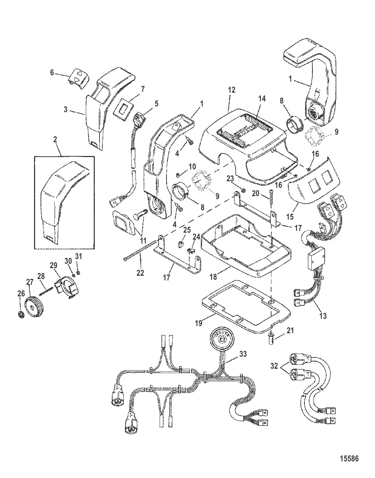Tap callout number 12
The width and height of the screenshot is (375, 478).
232,90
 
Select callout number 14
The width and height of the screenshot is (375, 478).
262,98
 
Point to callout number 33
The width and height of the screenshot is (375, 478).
243,354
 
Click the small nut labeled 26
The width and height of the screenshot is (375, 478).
21,314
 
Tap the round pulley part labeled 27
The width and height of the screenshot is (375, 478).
33,308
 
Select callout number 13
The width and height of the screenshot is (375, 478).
323,316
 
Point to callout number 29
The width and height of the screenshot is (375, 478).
54,265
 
